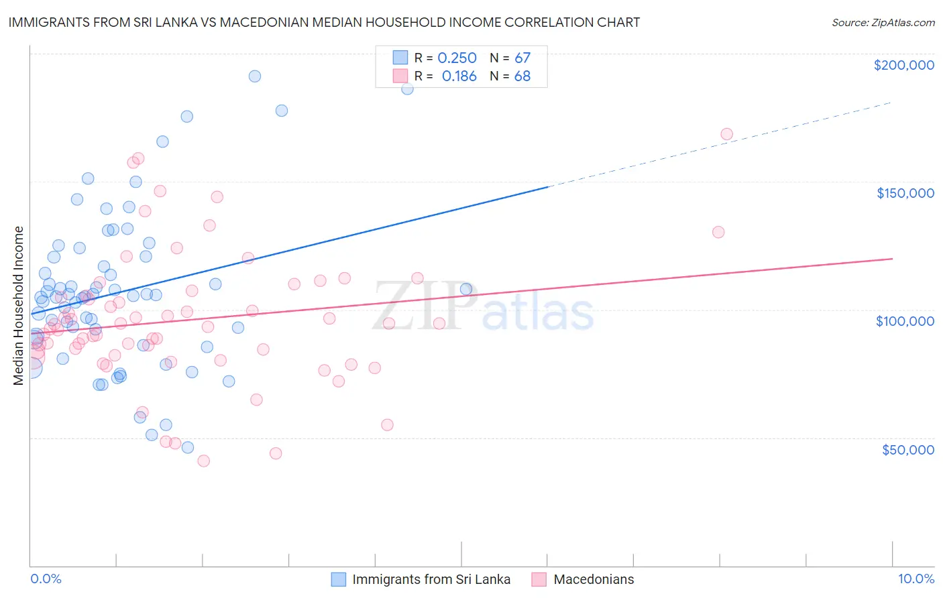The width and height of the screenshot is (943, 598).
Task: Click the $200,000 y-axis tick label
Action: click(x=903, y=65)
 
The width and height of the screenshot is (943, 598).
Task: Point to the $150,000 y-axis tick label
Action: click(x=905, y=193)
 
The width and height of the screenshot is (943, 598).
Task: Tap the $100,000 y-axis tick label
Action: click(x=905, y=321)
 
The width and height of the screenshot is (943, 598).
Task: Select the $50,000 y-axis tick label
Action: click(x=907, y=449)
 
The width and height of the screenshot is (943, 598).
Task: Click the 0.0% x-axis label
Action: click(x=46, y=579)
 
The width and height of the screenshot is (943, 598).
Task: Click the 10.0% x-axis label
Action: click(x=916, y=579)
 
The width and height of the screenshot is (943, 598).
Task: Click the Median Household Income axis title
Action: click(x=18, y=306)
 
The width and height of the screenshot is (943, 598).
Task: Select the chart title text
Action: click(x=324, y=22)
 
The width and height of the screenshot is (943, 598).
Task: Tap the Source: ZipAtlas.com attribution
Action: click(x=883, y=23)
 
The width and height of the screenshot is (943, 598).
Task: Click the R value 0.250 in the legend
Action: click(x=457, y=58)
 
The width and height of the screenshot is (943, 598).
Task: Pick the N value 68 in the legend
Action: click(x=522, y=76)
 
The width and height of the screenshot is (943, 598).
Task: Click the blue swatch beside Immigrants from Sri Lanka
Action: click(x=339, y=579)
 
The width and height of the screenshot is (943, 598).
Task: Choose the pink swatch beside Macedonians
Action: click(x=539, y=579)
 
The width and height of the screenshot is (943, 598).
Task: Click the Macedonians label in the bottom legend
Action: click(x=594, y=579)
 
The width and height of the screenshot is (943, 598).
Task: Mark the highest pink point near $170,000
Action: click(x=726, y=134)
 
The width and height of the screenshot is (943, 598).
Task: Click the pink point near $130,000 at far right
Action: click(x=718, y=232)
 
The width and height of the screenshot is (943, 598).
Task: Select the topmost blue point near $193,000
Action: click(x=255, y=76)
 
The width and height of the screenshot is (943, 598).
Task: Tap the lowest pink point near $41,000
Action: click(x=203, y=461)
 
